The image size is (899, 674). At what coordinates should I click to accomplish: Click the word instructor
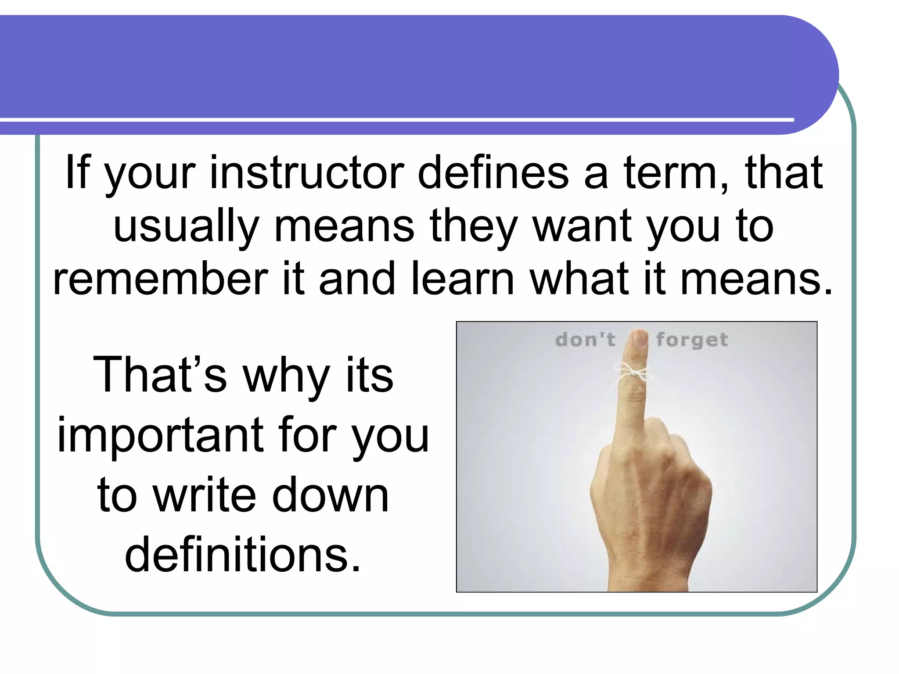tap(307, 173)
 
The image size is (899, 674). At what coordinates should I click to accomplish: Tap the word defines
tap(493, 173)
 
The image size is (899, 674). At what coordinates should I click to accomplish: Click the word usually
tap(186, 226)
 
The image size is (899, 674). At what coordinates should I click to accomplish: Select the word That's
tap(160, 375)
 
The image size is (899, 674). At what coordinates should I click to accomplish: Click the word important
tap(161, 435)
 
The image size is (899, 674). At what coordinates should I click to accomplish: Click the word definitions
tap(243, 555)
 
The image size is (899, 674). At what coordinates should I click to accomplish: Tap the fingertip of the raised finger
tap(639, 338)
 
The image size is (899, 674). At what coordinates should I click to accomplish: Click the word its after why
tap(370, 375)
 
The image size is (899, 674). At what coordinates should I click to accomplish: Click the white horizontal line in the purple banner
tap(395, 119)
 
